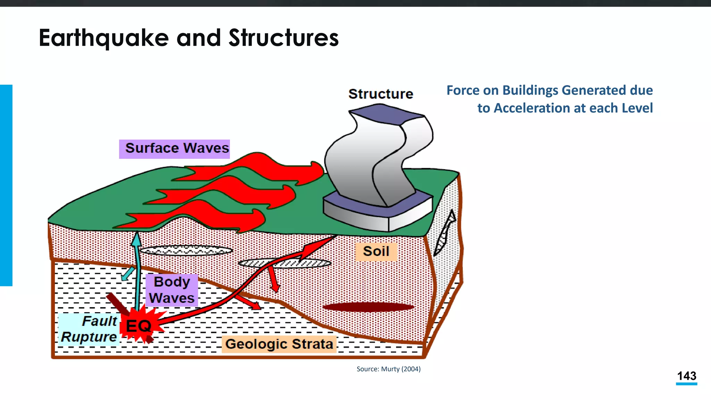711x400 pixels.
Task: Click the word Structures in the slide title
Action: pyautogui.click(x=283, y=38)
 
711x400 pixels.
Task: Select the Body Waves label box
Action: pyautogui.click(x=172, y=290)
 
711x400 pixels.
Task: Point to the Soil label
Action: pyautogui.click(x=376, y=251)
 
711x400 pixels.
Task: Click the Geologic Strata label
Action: pyautogui.click(x=279, y=344)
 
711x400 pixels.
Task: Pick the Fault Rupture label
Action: pyautogui.click(x=89, y=329)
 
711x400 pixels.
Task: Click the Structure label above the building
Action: pyautogui.click(x=380, y=94)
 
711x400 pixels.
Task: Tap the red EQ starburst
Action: pyautogui.click(x=139, y=325)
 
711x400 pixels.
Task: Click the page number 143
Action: pyautogui.click(x=686, y=376)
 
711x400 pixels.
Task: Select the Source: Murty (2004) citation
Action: pyautogui.click(x=388, y=369)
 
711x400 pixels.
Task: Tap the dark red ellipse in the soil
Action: pyautogui.click(x=368, y=307)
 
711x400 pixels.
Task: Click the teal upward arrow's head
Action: pyautogui.click(x=137, y=239)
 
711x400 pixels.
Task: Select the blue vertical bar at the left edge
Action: pyautogui.click(x=6, y=185)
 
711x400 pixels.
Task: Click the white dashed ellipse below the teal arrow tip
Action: pyautogui.click(x=185, y=250)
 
